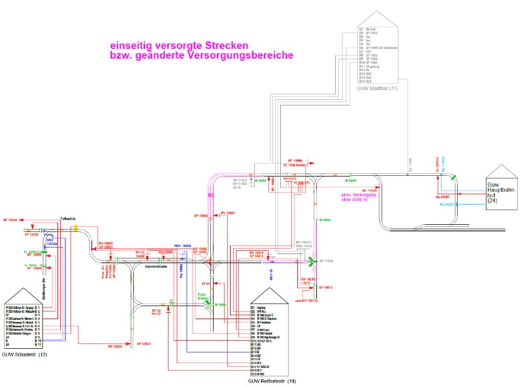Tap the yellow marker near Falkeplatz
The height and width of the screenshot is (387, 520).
[76, 227]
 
